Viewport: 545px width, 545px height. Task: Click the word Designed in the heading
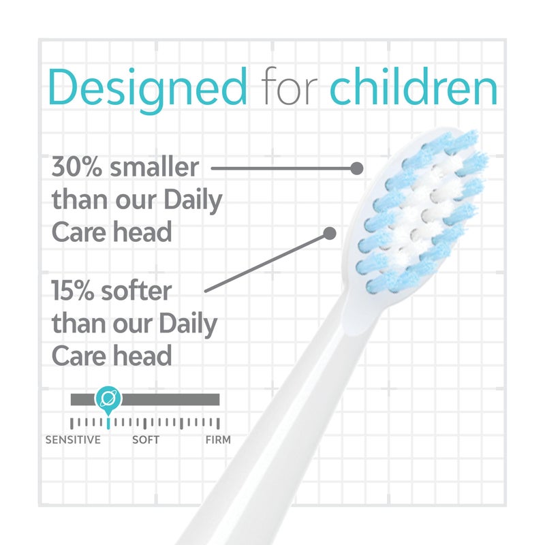tap(147, 87)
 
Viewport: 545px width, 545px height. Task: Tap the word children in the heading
tap(414, 87)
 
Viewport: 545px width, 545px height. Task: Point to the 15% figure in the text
tap(73, 292)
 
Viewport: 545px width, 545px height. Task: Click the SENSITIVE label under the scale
tap(73, 440)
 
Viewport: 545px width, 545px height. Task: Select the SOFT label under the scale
tap(146, 440)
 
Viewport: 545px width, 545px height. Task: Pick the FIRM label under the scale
tap(218, 440)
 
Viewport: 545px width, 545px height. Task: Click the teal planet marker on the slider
tap(107, 399)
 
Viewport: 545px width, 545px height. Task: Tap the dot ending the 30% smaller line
tap(356, 167)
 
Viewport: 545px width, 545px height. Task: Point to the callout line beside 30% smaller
tap(279, 167)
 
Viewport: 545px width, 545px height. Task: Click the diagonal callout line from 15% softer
tap(266, 264)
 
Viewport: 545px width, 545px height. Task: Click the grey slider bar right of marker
tap(170, 399)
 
